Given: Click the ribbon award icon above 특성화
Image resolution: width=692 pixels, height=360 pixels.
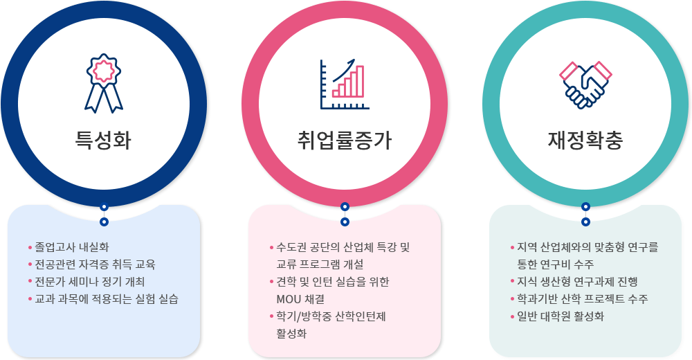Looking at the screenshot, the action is coord(104,83).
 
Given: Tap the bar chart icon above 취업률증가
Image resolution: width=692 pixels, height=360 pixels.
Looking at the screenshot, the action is coord(345,84).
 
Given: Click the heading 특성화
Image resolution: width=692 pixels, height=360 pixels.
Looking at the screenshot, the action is coord(103,140).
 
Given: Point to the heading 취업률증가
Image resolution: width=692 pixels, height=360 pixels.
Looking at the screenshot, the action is coord(345,140).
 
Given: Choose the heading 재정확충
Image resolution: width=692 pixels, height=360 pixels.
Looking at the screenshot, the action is coord(585,140).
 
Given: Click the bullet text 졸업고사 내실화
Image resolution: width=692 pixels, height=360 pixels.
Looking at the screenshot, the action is coord(72,247).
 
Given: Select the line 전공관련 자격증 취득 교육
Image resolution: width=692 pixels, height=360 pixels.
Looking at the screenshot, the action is coord(95,264).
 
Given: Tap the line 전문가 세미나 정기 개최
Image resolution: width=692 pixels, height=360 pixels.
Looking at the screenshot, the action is coord(89,281).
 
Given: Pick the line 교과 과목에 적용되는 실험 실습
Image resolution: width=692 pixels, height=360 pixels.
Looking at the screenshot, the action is coord(107,299).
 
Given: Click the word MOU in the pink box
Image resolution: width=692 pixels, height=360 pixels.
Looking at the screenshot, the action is coord(288,299).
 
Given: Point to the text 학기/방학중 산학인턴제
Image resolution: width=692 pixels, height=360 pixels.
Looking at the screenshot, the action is coord(331,316).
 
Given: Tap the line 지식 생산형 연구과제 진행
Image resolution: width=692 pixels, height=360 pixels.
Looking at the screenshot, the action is coord(577,281).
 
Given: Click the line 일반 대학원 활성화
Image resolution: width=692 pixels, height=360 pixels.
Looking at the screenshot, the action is coord(561,316).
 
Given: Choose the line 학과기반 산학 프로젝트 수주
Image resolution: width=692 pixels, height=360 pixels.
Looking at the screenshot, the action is coord(583,299).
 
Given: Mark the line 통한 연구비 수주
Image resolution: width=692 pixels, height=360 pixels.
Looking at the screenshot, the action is coord(556,264).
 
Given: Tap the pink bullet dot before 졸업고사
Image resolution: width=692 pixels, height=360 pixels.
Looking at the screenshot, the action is coord(30,247).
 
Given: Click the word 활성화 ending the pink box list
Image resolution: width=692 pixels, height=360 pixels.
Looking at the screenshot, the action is coord(291,334).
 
